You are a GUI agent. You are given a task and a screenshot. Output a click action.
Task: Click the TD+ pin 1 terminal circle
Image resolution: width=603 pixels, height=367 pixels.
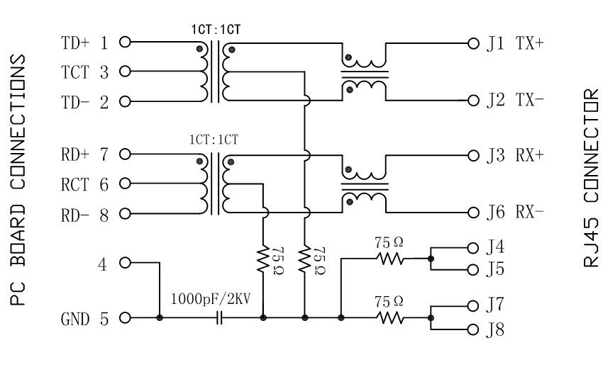tap(125, 42)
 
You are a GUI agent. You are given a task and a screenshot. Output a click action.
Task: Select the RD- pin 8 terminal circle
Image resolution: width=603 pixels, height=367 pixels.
tap(125, 214)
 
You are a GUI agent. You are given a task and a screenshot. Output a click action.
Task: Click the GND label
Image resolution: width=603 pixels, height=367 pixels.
tap(76, 319)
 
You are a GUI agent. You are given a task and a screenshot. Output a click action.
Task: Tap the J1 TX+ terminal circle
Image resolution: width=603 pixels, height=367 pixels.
tap(475, 43)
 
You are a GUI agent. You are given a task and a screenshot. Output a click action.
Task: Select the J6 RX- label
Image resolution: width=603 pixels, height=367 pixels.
tap(515, 211)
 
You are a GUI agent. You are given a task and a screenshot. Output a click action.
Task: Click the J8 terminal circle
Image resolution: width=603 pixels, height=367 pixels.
tap(475, 330)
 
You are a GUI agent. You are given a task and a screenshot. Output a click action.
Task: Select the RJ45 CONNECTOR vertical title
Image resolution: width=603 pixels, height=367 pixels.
tap(590, 178)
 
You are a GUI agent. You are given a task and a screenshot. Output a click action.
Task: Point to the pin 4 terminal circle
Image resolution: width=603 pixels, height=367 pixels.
tap(125, 263)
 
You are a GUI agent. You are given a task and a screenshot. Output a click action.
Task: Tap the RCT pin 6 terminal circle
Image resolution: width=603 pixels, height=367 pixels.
tap(125, 184)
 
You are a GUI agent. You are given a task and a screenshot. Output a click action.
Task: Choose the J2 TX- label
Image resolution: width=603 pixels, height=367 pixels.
tap(515, 100)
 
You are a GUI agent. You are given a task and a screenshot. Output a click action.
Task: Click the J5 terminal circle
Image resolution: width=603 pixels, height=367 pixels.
tap(475, 270)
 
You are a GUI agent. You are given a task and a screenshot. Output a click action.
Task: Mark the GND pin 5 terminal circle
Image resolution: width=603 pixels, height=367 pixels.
tap(125, 319)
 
